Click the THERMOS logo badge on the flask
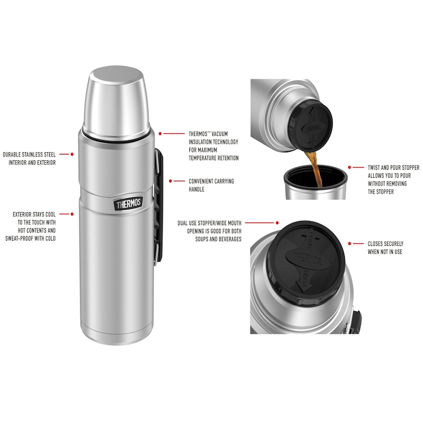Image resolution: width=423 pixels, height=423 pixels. coord(128,204)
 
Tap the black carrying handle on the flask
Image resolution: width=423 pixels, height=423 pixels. coord(159,205)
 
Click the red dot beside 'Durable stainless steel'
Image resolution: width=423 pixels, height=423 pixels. coord(72,154)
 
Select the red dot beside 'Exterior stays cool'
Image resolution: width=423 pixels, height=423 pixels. coord(72,214)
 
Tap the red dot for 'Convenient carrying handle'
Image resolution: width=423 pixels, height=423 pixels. coord(170,181)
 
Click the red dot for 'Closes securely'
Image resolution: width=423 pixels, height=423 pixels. coord(350,244)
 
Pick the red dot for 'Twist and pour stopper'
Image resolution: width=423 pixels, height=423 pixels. coord(350,168)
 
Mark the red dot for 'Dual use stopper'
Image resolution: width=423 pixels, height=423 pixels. coord(277,223)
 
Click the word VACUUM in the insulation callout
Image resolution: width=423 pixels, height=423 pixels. coord(219,134)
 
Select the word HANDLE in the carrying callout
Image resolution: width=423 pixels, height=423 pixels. coord(196,189)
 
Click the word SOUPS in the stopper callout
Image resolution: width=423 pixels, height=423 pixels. coord(202,239)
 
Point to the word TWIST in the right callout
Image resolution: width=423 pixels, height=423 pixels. coord(374,168)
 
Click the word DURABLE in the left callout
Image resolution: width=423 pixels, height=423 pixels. coord(12,154)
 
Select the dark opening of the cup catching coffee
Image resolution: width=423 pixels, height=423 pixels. coord(316,178)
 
